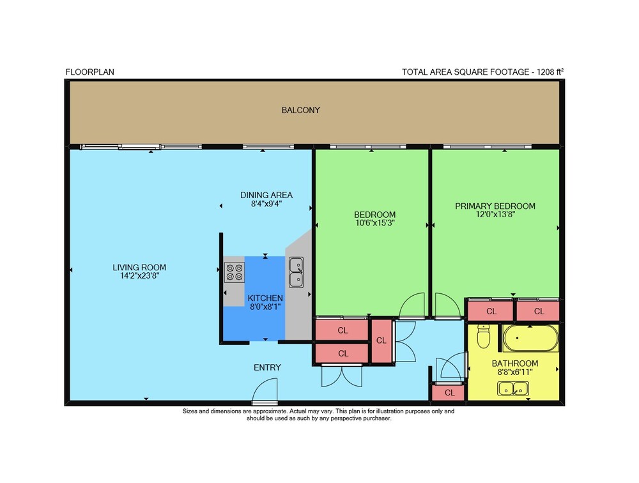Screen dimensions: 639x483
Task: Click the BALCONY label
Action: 301,110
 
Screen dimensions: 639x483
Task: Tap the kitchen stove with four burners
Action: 235,272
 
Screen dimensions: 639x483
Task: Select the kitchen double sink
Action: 296,273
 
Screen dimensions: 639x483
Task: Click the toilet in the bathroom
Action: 483,336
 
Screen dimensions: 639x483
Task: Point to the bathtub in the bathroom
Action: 530,338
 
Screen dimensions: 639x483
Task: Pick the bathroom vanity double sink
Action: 513,389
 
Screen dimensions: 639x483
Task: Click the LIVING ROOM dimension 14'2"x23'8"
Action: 139,276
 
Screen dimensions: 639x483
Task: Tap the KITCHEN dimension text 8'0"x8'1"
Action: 265,307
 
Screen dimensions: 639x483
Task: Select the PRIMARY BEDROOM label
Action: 495,206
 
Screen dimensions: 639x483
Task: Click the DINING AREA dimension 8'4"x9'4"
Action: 266,203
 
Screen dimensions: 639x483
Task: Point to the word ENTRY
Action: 267,367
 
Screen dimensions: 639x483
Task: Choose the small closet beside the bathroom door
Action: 449,392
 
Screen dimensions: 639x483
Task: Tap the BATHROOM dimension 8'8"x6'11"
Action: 515,372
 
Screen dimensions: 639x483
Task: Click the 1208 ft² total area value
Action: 550,72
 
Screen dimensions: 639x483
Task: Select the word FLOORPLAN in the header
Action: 89,72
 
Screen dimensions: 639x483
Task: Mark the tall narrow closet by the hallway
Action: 381,341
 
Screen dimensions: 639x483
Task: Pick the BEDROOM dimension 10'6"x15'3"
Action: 375,223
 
